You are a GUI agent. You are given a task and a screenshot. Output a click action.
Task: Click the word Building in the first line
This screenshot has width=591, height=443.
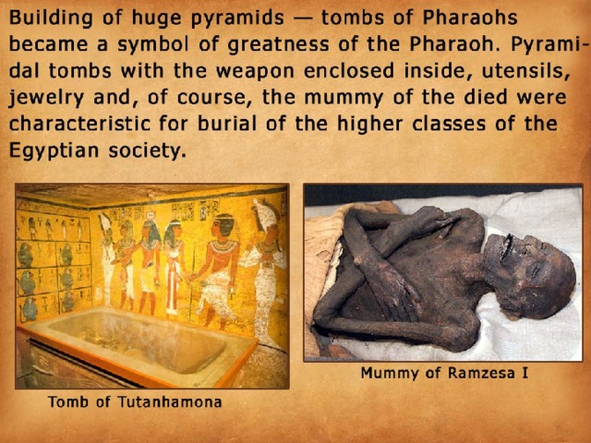[x=51, y=18]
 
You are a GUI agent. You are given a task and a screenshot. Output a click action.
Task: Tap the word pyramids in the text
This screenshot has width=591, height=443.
[x=237, y=18]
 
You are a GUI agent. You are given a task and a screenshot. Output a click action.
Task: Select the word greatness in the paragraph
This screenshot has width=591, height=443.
[x=279, y=45]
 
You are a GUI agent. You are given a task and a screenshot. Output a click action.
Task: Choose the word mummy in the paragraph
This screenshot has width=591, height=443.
[x=344, y=98]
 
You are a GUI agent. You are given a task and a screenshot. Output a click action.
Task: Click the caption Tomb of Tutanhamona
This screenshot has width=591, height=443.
[x=135, y=401]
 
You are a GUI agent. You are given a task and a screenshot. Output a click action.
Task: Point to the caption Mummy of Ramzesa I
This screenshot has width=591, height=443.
[x=444, y=373]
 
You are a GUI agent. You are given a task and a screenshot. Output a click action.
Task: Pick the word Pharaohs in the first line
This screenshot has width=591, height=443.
[x=470, y=18]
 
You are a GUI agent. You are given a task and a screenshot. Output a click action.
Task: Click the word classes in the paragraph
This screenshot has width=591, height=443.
[x=449, y=124]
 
